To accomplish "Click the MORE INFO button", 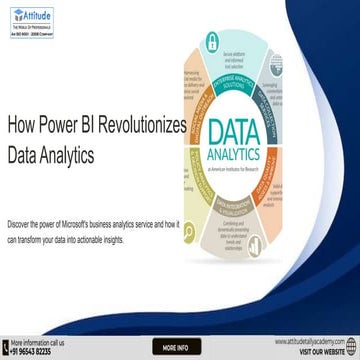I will click(x=179, y=347).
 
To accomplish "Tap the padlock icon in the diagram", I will click(x=212, y=41).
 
